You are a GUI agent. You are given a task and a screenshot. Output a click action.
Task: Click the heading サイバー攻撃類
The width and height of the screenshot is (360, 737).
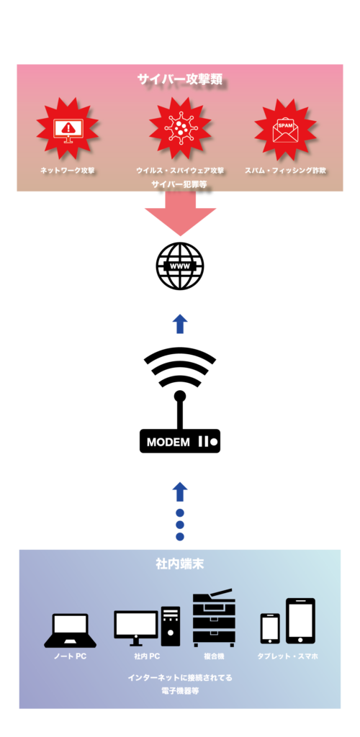tap(179, 79)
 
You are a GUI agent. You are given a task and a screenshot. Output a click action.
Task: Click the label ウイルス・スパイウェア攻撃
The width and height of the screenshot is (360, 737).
tap(180, 170)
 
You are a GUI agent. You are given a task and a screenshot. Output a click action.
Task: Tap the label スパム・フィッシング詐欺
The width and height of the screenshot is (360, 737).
tap(285, 170)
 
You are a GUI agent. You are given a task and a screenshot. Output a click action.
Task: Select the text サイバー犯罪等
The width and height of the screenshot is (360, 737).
tap(179, 185)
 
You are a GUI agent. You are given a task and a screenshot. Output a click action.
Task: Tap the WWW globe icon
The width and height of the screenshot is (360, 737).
tap(180, 266)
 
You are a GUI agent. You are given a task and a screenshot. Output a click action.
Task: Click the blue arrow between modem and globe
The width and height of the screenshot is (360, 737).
tap(180, 325)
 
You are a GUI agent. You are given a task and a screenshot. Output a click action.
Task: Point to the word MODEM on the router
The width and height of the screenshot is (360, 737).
tap(168, 443)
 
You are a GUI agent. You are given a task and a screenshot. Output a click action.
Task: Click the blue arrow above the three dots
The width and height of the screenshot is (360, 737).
tap(180, 491)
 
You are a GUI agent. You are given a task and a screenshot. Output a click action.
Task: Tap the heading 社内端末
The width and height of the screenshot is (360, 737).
tap(180, 564)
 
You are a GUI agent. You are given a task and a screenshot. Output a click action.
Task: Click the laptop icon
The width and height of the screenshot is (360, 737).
tap(70, 630)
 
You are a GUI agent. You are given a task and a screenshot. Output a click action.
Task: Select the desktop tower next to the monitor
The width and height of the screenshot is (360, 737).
tap(171, 626)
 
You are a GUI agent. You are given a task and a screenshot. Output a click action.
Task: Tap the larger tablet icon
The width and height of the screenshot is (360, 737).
tap(301, 621)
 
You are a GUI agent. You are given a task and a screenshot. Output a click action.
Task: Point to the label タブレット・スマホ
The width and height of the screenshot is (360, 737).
tap(287, 656)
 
